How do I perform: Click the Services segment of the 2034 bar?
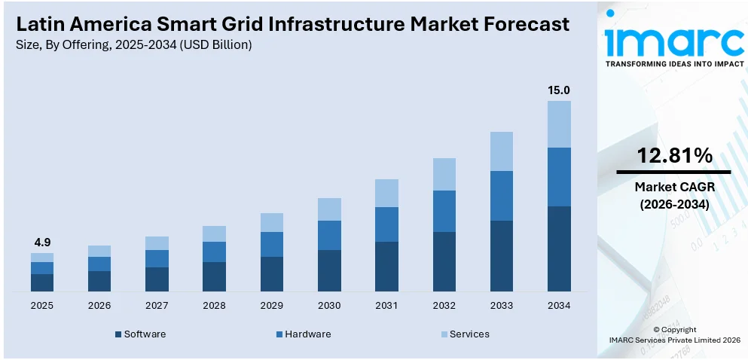point(558,124)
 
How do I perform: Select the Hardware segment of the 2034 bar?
point(558,177)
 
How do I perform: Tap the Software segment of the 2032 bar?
point(444,261)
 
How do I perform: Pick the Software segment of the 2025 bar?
point(42,282)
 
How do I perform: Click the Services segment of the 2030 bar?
point(329,209)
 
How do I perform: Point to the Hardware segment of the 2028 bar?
point(214,252)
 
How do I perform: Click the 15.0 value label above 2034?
point(558,90)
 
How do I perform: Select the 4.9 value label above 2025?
point(42,243)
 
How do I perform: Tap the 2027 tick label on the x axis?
point(157,306)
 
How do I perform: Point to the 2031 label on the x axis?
point(386,306)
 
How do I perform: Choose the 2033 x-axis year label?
point(501,306)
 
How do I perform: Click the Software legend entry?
point(144,334)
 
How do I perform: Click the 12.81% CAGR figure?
point(674,156)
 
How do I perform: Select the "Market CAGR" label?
point(674,187)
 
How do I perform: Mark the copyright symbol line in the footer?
point(674,329)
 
